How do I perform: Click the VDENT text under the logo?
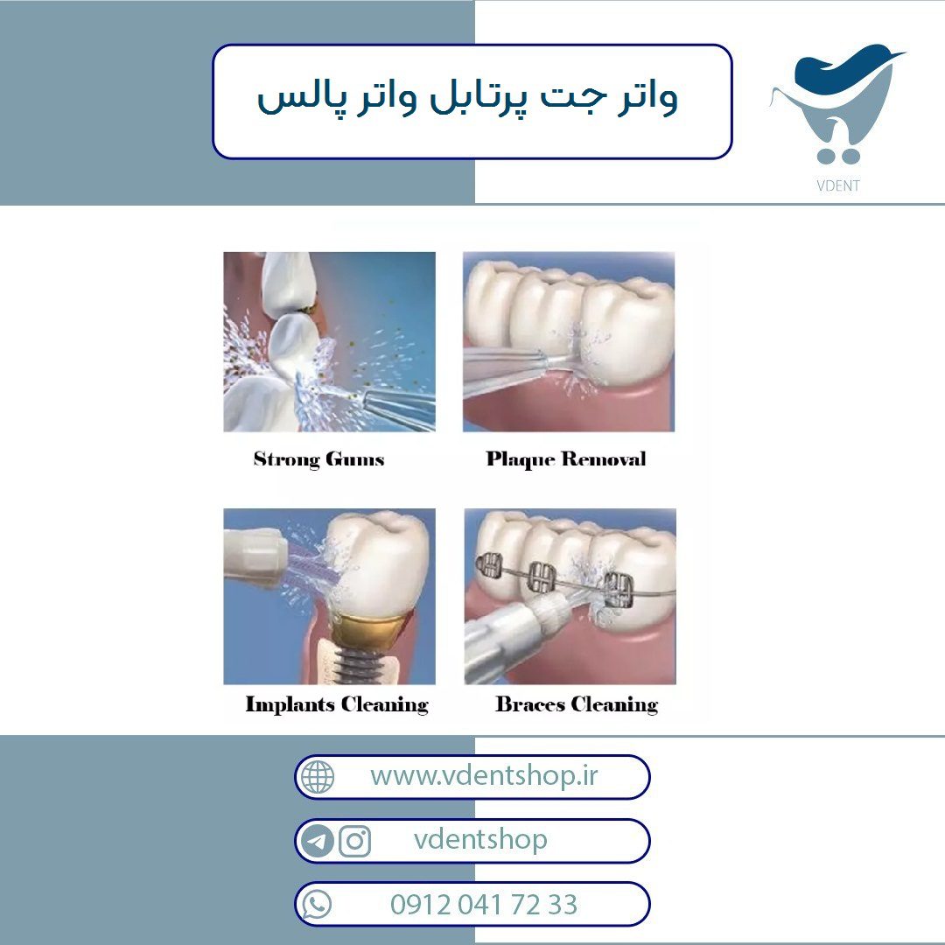(837, 185)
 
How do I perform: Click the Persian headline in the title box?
(467, 98)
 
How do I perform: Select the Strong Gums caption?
(318, 459)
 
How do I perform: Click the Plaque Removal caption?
(566, 459)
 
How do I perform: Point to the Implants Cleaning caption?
(337, 704)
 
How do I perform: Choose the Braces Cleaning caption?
(577, 704)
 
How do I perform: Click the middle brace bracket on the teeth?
(542, 577)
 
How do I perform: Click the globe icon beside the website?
(318, 776)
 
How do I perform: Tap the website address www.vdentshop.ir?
(484, 775)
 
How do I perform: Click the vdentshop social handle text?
(480, 839)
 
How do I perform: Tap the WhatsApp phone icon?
(317, 905)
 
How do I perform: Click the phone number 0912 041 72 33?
(484, 904)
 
